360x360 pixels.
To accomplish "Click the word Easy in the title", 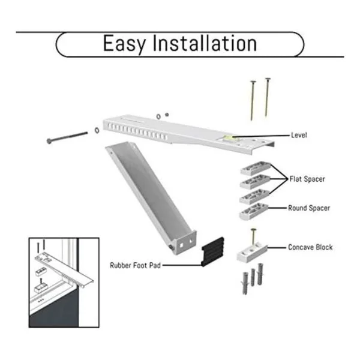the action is [x=124, y=44].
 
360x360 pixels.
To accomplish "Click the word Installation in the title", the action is [x=205, y=43].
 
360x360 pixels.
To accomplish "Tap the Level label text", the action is [x=299, y=135].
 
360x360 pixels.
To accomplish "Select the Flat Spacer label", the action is [x=307, y=179].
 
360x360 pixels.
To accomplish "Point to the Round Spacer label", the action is [x=309, y=208].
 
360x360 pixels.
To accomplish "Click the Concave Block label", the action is [x=310, y=247].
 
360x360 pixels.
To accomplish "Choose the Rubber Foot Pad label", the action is [x=135, y=265].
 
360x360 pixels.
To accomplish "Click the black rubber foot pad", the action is [x=212, y=252].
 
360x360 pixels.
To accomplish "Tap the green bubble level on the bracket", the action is [x=228, y=138].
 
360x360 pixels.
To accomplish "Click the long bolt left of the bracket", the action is [x=67, y=137].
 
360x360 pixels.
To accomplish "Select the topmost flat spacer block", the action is [x=256, y=168].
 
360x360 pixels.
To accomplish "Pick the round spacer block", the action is [x=254, y=211].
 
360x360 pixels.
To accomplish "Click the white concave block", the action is [x=252, y=251].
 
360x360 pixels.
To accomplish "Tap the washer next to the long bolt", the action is [x=97, y=130].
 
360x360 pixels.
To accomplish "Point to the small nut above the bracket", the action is [x=167, y=115].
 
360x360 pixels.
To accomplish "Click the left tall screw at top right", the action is [x=253, y=100].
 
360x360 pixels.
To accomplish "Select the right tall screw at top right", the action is [x=267, y=97].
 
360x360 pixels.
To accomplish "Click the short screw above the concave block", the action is [x=253, y=237].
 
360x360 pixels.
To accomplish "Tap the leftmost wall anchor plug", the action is [x=245, y=283].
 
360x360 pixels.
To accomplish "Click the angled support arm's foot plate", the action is [x=185, y=244].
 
